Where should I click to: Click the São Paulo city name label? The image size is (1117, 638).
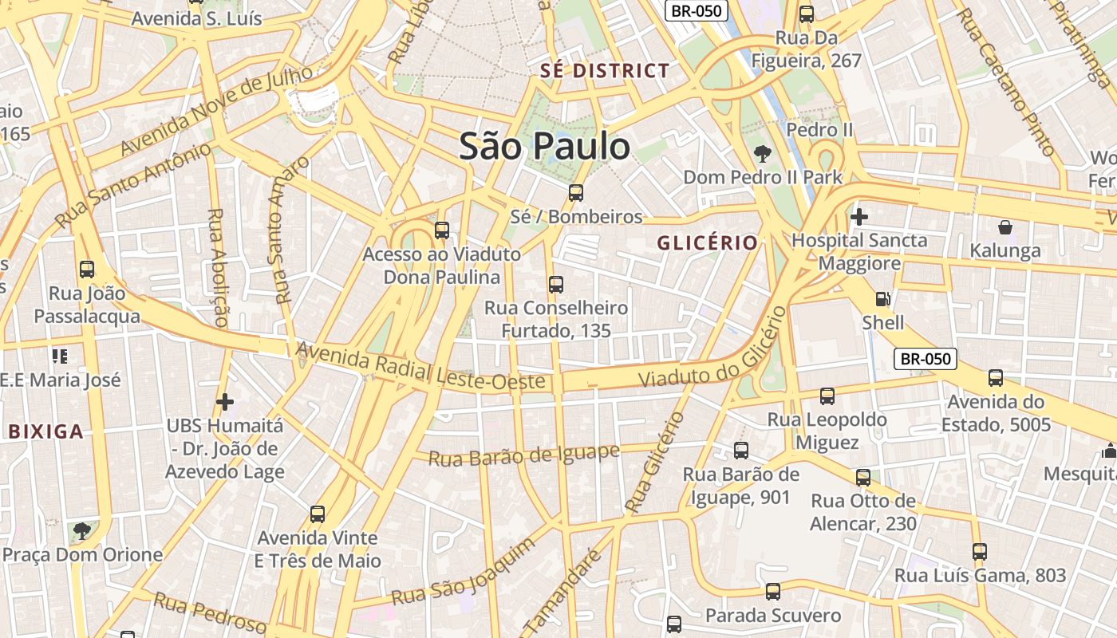(x=544, y=147)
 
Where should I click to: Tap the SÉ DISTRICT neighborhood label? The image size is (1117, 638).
(x=605, y=71)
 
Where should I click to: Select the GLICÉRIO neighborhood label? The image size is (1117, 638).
(x=707, y=243)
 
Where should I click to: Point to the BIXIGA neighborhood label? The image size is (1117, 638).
(x=45, y=432)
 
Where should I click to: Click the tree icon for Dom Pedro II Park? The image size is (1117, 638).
(x=762, y=154)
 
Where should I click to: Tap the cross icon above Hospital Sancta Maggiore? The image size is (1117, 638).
(x=858, y=216)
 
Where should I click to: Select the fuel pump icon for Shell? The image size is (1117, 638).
(x=882, y=299)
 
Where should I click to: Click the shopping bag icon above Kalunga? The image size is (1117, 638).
(x=1005, y=227)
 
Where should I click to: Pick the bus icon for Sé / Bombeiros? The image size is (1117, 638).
(x=575, y=192)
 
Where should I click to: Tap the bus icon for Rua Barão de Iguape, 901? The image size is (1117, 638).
(x=740, y=451)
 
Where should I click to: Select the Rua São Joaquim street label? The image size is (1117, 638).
(x=464, y=573)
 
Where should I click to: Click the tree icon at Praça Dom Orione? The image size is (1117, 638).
(x=81, y=530)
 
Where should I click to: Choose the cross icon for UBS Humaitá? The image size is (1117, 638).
(x=225, y=401)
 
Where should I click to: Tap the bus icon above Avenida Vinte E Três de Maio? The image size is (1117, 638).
(x=318, y=514)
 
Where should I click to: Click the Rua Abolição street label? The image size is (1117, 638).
(x=217, y=268)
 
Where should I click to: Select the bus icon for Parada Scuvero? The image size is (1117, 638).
(x=772, y=592)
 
